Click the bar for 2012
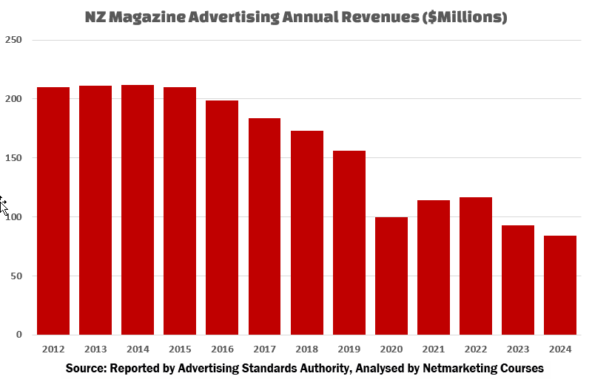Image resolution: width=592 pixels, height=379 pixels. [53, 211]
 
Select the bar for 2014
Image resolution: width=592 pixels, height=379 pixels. [138, 210]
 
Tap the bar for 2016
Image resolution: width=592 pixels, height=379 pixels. [222, 217]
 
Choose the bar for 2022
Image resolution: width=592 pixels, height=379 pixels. [476, 266]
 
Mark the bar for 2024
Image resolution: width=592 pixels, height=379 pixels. [560, 285]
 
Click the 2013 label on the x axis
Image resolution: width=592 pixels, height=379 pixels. [95, 349]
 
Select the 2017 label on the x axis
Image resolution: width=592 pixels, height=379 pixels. [264, 349]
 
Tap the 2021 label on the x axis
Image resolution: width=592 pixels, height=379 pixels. [434, 349]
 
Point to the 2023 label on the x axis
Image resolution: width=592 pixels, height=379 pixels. [518, 349]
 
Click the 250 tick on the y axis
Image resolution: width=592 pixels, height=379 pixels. [13, 40]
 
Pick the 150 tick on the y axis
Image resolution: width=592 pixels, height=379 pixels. [13, 158]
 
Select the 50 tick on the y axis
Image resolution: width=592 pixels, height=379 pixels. [16, 276]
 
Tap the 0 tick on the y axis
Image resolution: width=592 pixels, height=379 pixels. [19, 335]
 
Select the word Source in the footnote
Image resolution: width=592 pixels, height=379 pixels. [84, 368]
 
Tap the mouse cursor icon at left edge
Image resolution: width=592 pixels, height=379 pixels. [4, 205]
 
